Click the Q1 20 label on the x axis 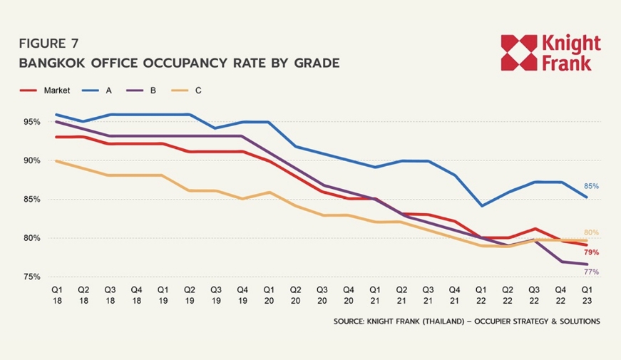click(269, 295)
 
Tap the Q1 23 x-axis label click(587, 295)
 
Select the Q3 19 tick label click(216, 295)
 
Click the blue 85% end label click(591, 186)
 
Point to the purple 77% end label click(591, 272)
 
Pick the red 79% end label click(591, 252)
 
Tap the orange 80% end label click(591, 232)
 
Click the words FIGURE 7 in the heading click(49, 43)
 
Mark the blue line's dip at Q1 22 click(481, 206)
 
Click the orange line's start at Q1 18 click(56, 161)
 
